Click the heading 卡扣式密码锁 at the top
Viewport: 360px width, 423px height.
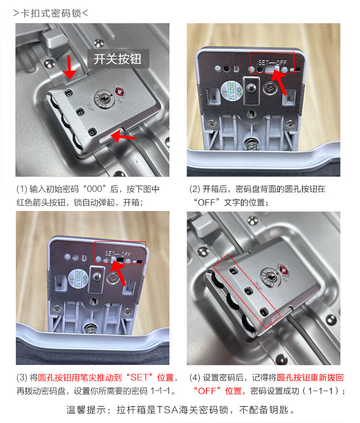point(50,13)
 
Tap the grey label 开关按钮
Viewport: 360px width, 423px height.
point(118,59)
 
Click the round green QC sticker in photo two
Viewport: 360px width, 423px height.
point(231,91)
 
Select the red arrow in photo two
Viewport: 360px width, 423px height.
point(279,82)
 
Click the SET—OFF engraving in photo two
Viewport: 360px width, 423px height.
point(272,62)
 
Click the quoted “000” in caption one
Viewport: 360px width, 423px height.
point(95,189)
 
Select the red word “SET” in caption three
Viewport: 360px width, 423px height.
point(139,377)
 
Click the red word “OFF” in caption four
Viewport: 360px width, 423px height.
point(207,390)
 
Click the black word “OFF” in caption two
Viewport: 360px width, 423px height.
point(206,202)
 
